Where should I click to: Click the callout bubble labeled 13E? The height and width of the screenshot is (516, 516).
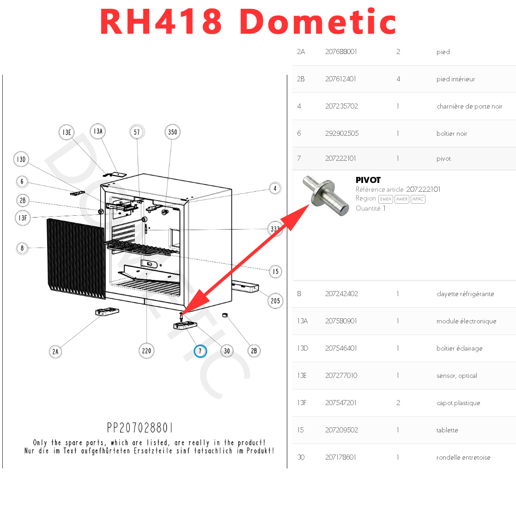click(67, 133)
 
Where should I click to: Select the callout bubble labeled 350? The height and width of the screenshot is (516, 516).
click(172, 132)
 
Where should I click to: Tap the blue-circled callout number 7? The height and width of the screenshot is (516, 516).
click(200, 351)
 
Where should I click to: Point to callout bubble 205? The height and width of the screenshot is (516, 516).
click(275, 301)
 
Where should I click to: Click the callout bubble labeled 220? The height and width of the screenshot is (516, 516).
click(146, 351)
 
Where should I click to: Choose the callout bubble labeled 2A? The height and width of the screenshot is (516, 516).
click(55, 352)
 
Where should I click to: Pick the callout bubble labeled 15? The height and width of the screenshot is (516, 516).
click(275, 271)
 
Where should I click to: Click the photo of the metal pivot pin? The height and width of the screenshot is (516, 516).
click(325, 197)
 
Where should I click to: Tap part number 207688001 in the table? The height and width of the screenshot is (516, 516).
click(341, 52)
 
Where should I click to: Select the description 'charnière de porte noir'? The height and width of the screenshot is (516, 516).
click(469, 106)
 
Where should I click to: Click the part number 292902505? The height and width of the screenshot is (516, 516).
click(342, 134)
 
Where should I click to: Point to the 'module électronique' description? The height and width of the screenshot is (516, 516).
click(466, 321)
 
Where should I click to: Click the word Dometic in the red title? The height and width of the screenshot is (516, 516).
click(318, 22)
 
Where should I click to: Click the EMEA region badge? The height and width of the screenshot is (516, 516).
click(385, 199)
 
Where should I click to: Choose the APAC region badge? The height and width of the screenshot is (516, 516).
click(418, 199)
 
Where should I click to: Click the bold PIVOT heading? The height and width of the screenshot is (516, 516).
click(368, 180)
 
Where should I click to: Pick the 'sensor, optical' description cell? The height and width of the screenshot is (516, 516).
click(456, 376)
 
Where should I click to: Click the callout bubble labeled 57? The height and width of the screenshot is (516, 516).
click(137, 132)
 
